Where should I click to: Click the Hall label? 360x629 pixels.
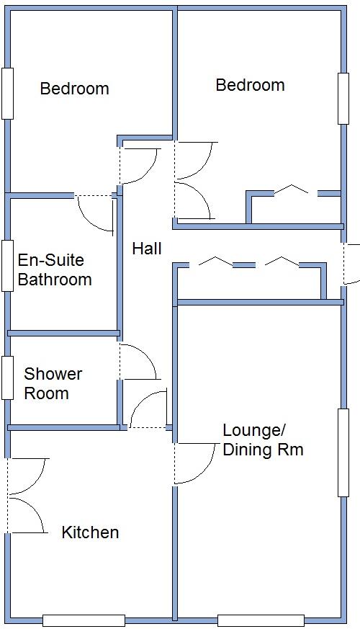coord(147,249)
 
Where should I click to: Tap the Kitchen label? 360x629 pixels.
coord(90,532)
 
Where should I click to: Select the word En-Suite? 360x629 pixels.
coord(50,260)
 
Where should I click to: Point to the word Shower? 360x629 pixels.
coord(53,374)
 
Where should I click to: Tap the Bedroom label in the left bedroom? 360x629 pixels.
coord(74,89)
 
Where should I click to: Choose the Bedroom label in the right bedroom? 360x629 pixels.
coord(250,85)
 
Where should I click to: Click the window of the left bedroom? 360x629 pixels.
coord(7,93)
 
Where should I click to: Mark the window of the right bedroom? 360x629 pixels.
coord(343,98)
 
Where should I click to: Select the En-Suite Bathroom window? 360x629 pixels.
coord(7,265)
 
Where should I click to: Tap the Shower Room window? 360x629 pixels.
coord(7,378)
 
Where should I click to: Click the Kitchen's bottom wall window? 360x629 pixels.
coord(84,620)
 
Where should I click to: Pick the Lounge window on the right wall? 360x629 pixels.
coord(343,452)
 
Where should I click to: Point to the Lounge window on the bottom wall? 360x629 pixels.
coord(261,620)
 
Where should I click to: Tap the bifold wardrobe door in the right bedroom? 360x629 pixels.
coord(294,191)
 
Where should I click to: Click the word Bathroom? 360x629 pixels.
coord(55,280)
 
